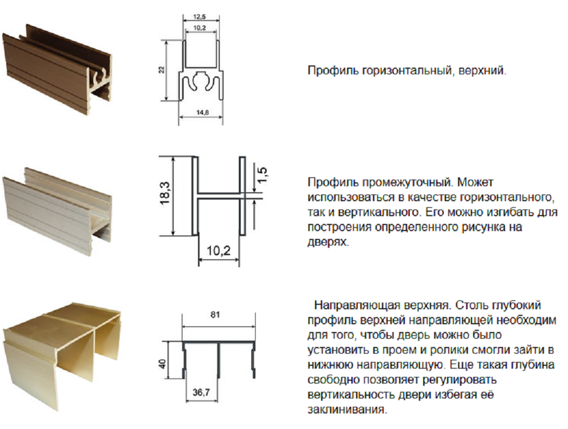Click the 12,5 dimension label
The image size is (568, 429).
click(x=199, y=17)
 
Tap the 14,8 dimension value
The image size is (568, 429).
click(x=202, y=113)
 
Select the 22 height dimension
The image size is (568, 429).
click(x=161, y=69)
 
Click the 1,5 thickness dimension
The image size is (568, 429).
click(x=262, y=175)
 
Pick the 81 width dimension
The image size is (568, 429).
click(x=215, y=315)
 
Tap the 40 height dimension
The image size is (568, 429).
click(x=163, y=364)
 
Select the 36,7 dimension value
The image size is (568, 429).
click(x=201, y=392)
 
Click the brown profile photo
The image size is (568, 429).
click(x=57, y=69)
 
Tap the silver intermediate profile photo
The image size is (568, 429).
click(x=57, y=211)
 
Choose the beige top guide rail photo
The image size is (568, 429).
click(x=62, y=356)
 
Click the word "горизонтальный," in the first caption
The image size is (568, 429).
click(x=408, y=70)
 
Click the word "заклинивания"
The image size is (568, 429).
click(x=346, y=410)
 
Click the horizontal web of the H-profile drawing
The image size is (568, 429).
click(x=219, y=196)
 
